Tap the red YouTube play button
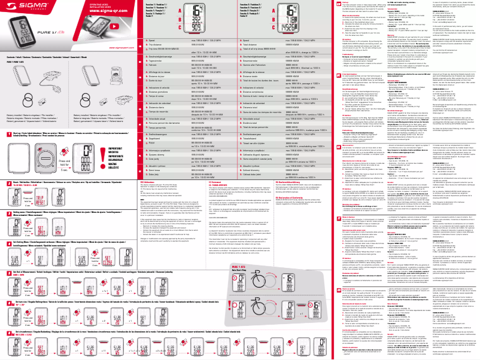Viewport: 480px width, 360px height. pyautogui.click(x=114, y=26)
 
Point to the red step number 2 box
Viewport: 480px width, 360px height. pyautogui.click(x=9, y=184)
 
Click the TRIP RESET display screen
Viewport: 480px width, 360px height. pyautogui.click(x=40, y=201)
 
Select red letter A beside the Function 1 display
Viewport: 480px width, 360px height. pyautogui.click(x=180, y=11)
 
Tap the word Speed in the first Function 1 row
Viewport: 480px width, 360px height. pyautogui.click(x=152, y=41)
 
